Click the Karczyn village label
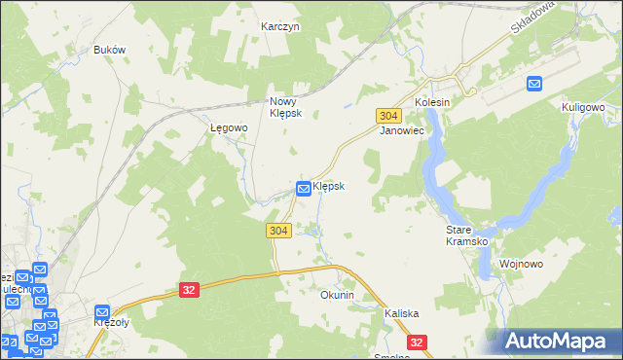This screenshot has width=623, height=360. (x=280, y=27)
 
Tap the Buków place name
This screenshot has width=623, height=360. (x=110, y=50)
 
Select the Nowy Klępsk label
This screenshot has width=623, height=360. (x=287, y=107)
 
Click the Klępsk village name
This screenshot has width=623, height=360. (x=329, y=185)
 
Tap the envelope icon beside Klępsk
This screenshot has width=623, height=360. (x=304, y=188)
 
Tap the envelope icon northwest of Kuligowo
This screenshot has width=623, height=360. (x=534, y=85)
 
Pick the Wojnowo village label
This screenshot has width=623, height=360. (x=520, y=264)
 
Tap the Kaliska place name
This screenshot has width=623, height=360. (x=401, y=313)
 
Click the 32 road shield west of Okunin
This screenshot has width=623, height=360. (x=190, y=289)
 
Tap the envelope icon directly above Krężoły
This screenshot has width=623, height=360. (x=102, y=312)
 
